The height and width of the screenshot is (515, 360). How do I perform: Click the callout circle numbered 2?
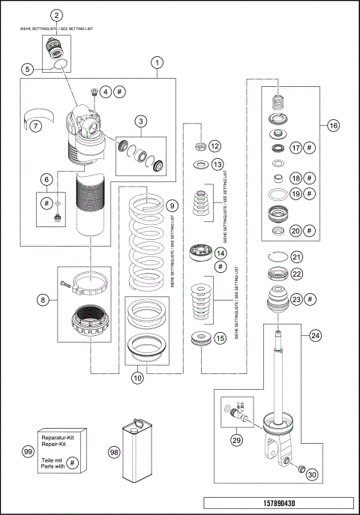(x=56, y=15)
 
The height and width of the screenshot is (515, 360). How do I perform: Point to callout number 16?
(x=334, y=125)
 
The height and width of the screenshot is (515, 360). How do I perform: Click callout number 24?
(x=314, y=335)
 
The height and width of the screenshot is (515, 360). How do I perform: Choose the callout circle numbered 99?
(x=28, y=453)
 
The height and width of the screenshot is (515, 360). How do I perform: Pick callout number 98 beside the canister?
(x=113, y=453)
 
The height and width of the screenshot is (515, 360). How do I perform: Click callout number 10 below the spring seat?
(x=138, y=379)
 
